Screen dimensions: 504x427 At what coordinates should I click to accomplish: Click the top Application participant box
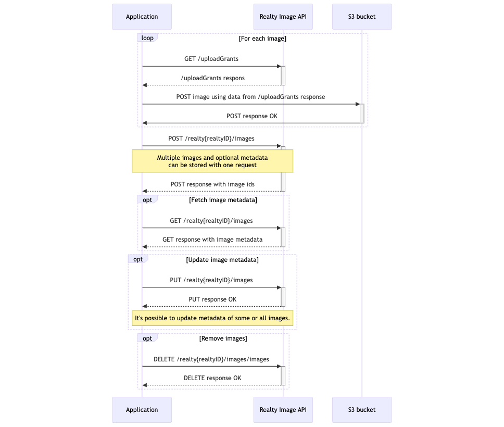[142, 17]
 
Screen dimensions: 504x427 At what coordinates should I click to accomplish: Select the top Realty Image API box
[283, 17]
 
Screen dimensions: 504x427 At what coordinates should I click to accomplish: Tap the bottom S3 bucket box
[362, 410]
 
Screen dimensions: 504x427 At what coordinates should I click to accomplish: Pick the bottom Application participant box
[142, 410]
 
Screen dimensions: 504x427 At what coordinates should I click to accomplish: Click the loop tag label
[147, 38]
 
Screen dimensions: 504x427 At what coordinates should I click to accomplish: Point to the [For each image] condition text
[262, 39]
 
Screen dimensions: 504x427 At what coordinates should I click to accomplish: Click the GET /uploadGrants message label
[211, 59]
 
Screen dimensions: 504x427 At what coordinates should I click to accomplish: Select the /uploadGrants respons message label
[212, 78]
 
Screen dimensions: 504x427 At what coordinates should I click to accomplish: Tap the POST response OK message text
[251, 116]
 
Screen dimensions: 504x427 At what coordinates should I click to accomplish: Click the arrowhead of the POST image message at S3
[358, 104]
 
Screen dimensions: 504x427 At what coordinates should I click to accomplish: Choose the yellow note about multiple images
[212, 161]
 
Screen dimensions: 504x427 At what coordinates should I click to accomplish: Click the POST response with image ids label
[212, 184]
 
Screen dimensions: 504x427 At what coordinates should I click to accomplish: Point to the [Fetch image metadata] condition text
[223, 200]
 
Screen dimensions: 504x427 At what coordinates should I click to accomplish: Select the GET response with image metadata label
[212, 240]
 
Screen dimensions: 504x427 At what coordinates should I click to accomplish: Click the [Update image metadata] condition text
[222, 260]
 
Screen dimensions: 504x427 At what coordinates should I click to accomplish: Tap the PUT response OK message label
[212, 299]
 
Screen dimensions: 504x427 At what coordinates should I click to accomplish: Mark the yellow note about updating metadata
[212, 318]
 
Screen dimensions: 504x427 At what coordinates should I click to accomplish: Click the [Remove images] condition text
[223, 338]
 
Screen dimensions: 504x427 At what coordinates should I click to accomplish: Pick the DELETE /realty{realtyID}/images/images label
[211, 359]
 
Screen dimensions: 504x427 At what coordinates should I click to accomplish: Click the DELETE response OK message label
[212, 378]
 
